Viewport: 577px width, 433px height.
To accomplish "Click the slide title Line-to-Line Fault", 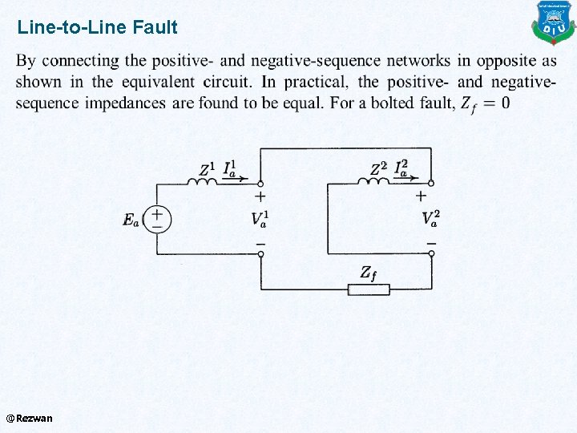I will (x=97, y=28).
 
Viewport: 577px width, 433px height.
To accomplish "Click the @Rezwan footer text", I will (x=29, y=418).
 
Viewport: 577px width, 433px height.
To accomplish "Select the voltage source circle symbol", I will (x=157, y=218).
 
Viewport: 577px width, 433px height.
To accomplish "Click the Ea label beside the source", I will (x=131, y=220).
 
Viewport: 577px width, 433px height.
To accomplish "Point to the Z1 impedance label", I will (x=207, y=169).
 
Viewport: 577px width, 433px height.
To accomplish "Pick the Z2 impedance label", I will (x=379, y=169).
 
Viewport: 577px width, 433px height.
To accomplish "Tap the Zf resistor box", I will (x=369, y=289).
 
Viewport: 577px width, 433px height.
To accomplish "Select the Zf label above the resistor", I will (x=368, y=273).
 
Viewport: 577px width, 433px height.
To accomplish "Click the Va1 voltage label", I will (x=260, y=218).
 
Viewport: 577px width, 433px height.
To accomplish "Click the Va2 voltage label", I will (x=431, y=218).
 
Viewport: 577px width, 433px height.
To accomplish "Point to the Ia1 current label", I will (x=228, y=168).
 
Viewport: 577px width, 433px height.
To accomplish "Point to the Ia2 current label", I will (x=402, y=168).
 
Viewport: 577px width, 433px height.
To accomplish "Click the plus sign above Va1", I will (x=260, y=195).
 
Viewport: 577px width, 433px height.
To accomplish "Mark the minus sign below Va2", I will (x=431, y=242).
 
